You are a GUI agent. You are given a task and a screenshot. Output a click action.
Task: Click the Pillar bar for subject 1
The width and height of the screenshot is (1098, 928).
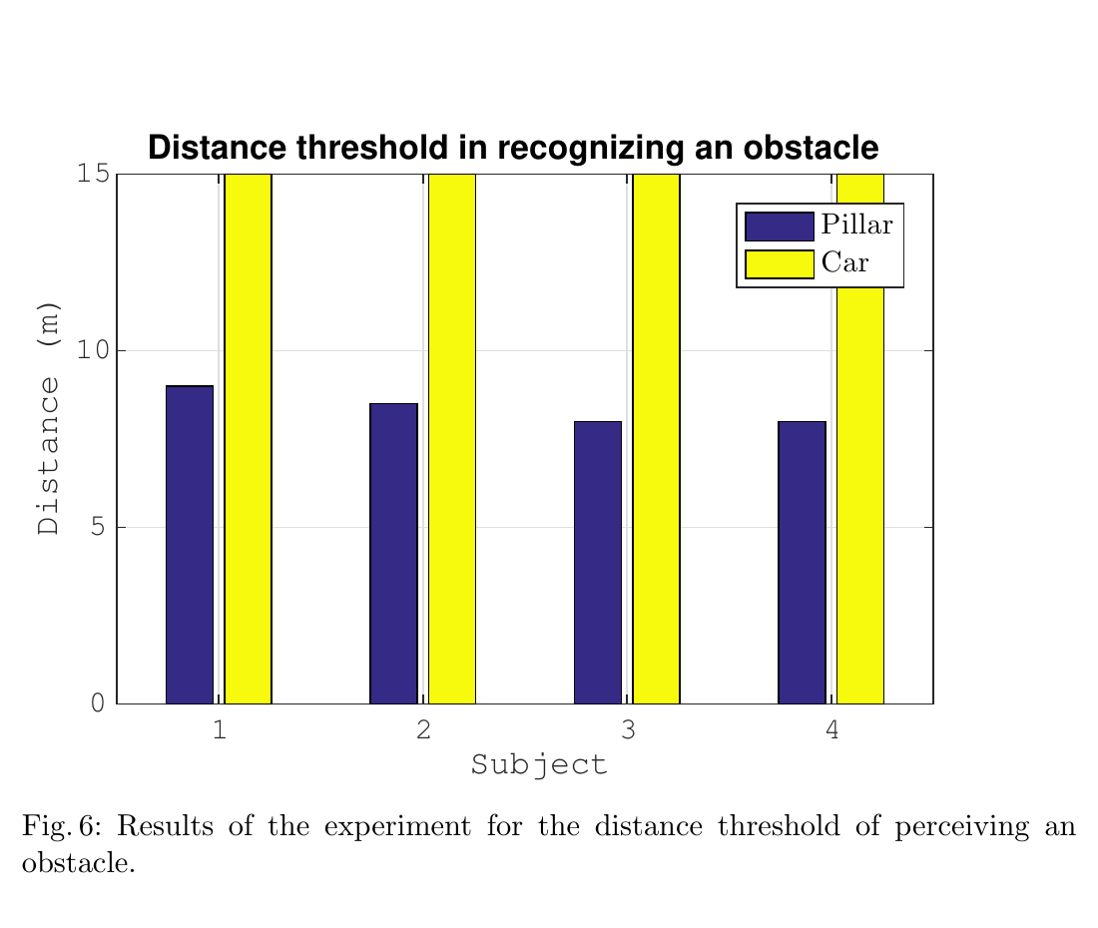point(190,545)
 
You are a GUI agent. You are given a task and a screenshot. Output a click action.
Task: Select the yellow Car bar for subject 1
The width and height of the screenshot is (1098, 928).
point(249,439)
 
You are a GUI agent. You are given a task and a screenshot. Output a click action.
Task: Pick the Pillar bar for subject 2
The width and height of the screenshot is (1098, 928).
point(393,554)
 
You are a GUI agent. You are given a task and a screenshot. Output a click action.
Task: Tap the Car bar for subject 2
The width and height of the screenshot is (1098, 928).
point(452,439)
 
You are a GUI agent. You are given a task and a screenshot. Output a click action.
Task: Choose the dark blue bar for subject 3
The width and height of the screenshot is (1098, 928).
point(598,563)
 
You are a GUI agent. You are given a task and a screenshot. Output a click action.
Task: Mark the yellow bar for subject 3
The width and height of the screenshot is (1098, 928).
point(657,439)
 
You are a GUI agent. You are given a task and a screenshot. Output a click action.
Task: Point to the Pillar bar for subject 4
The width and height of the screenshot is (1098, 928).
point(802,563)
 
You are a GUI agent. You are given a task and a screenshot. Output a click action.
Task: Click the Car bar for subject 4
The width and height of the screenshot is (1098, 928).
point(860,499)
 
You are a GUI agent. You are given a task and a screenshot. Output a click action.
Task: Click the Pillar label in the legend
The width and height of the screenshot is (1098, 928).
point(856,226)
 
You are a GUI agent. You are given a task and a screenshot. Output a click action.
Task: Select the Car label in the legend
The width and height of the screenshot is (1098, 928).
point(844,264)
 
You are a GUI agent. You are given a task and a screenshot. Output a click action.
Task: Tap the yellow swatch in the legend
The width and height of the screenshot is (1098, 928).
point(780,264)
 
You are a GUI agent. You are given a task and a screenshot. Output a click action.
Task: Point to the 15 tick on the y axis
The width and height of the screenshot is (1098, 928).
point(92,174)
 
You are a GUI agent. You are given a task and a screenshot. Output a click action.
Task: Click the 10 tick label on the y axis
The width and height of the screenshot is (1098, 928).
point(92,350)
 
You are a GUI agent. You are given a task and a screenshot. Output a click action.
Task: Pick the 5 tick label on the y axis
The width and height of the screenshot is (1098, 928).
point(98,527)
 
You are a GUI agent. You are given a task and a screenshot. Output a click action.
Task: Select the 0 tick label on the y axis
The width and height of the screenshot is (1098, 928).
point(98,703)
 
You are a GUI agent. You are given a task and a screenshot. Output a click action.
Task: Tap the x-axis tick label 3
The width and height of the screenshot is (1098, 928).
point(628,730)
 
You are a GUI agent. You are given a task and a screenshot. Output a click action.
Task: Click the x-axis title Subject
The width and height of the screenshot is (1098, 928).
point(539,766)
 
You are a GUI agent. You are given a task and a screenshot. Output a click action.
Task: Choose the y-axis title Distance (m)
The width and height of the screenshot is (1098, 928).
point(48,417)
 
